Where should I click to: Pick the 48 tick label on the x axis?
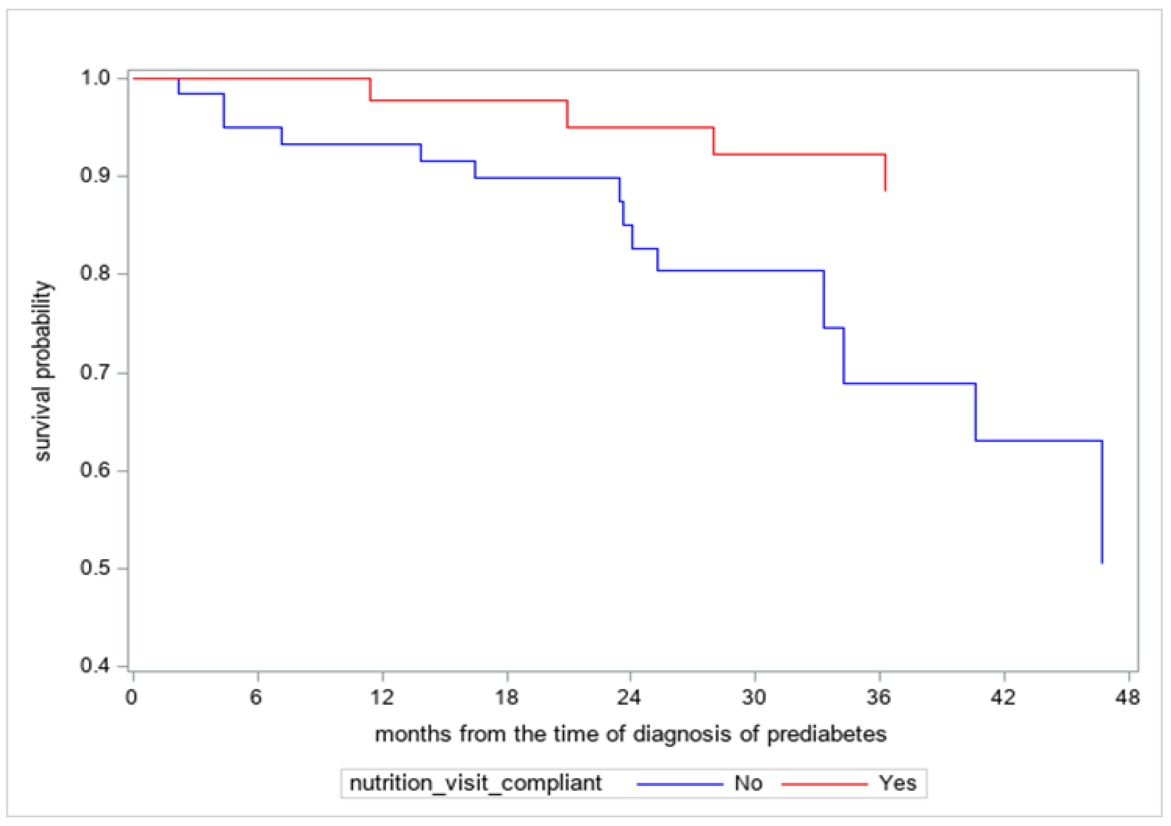[1127, 697]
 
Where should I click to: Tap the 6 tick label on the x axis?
[256, 697]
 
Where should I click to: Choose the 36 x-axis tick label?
[878, 697]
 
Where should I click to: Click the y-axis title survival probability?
[43, 371]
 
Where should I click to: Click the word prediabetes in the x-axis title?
[827, 735]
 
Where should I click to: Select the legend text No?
[748, 783]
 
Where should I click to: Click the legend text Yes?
[897, 783]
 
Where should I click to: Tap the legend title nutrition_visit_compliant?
[475, 783]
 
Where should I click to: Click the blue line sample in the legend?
[680, 784]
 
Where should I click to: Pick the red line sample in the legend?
[824, 784]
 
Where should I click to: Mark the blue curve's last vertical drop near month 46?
[1102, 503]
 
